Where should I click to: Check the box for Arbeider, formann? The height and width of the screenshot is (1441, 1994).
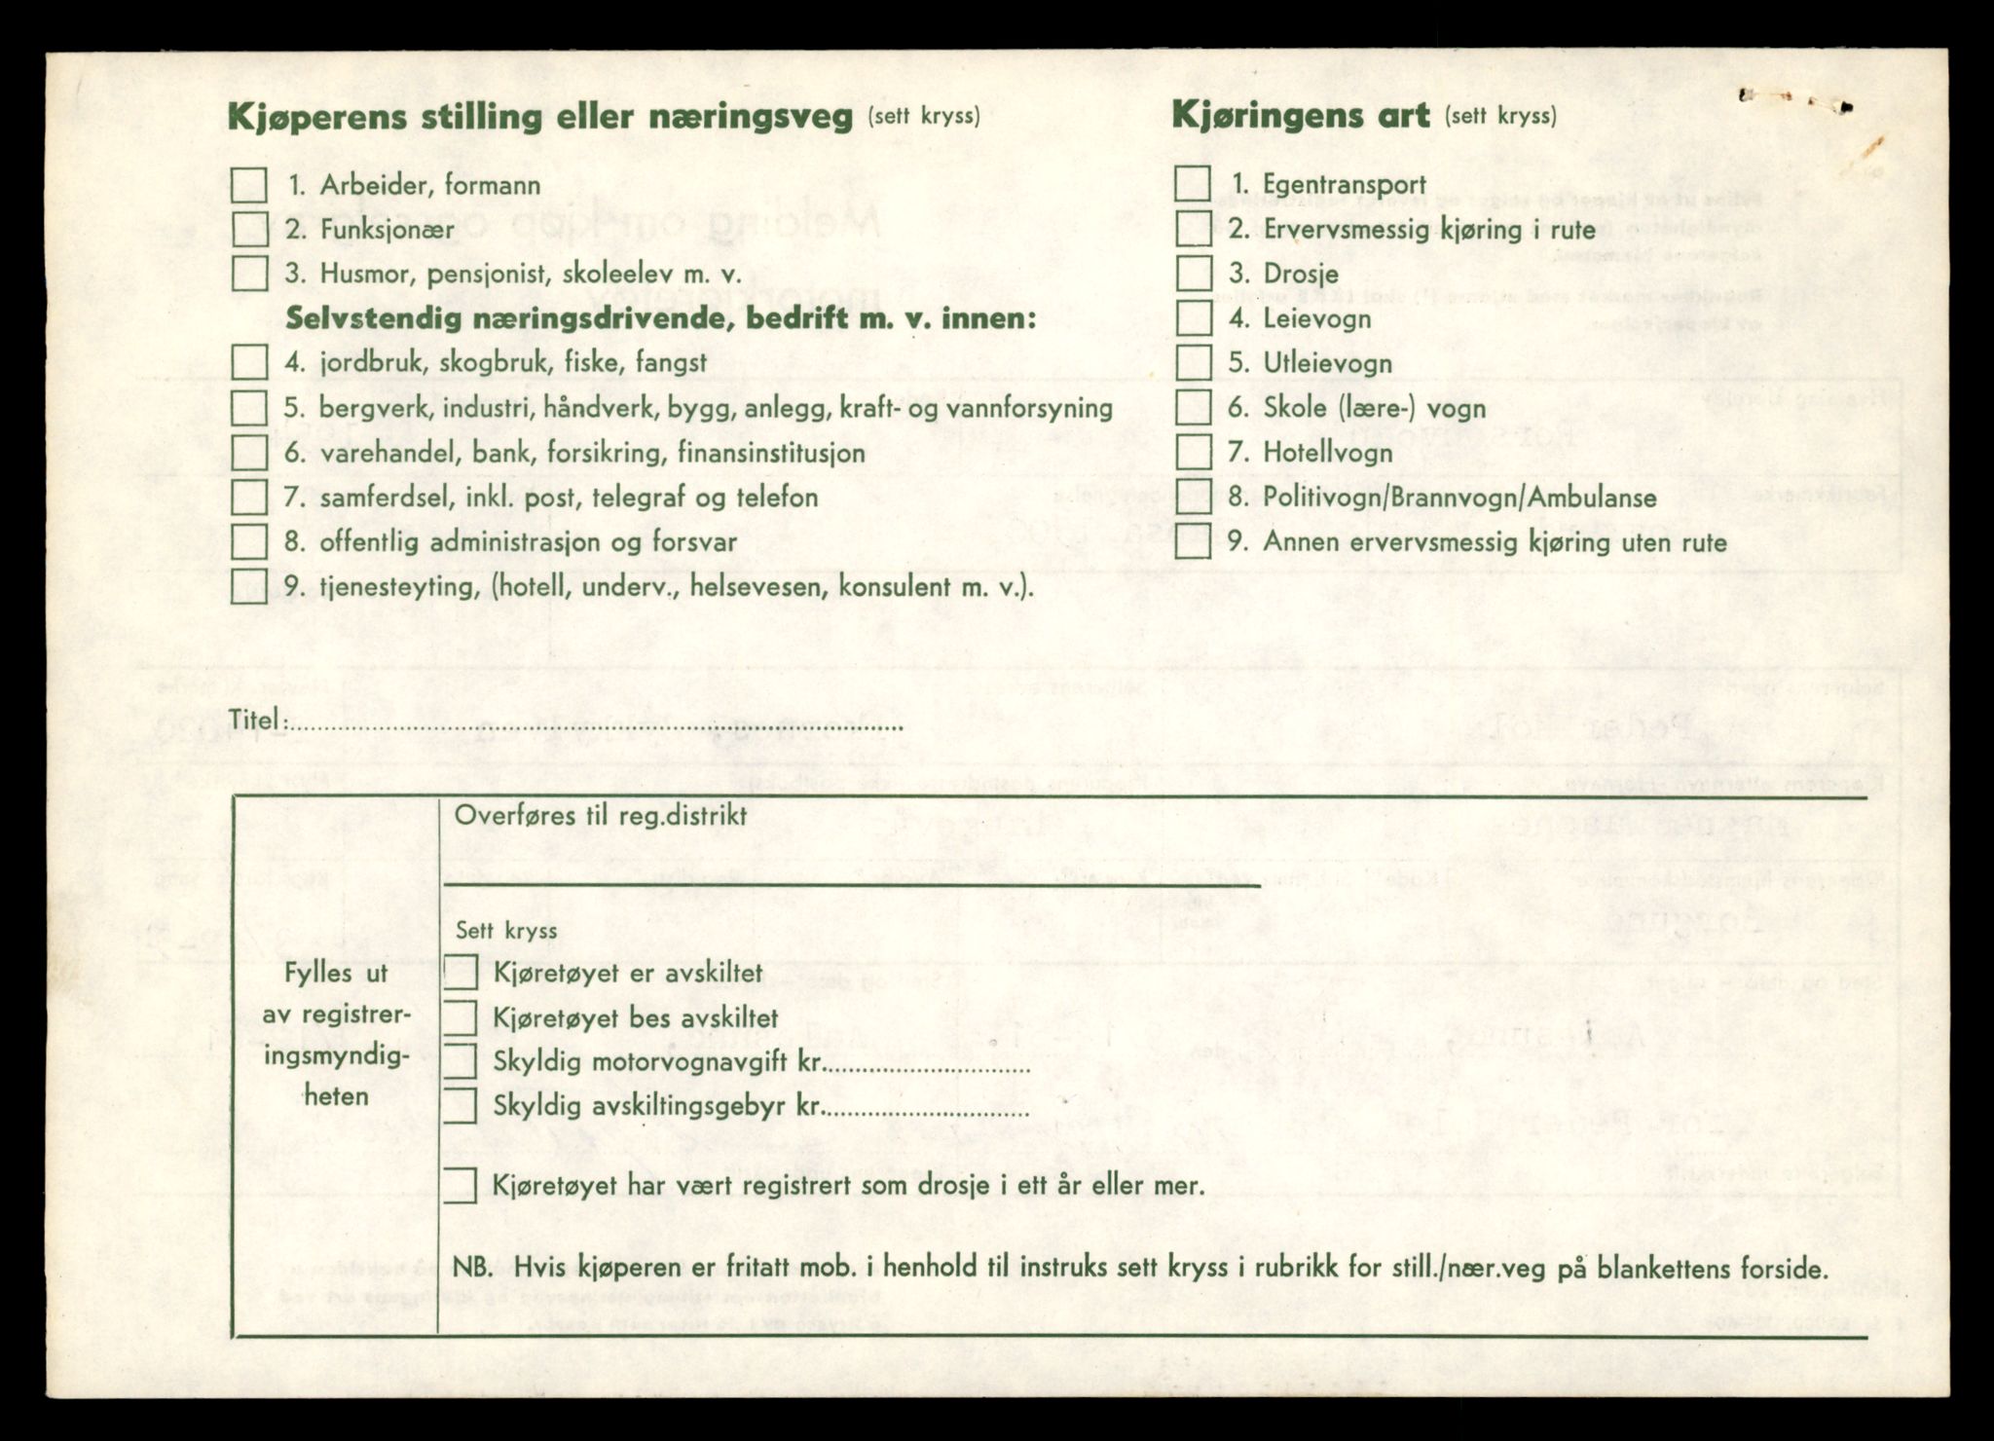[248, 185]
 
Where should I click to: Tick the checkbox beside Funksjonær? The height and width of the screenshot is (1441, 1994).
[248, 229]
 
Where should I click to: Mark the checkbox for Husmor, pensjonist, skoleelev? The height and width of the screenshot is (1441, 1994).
[248, 274]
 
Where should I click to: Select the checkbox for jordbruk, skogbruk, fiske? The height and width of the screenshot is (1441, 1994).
[248, 362]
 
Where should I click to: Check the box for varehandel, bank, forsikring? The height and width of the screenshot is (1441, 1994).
[248, 452]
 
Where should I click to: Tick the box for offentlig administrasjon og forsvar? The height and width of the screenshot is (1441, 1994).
[248, 541]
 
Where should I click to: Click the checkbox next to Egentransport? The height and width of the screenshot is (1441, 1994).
[1193, 184]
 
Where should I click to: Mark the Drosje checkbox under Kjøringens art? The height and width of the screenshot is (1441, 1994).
[1193, 274]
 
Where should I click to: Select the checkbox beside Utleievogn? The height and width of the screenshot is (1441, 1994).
[1193, 363]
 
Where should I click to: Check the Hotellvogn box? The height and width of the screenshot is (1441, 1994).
[1193, 452]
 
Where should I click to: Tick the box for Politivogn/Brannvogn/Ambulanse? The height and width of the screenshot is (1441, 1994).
[1193, 497]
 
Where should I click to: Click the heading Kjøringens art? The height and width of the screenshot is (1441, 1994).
[1300, 116]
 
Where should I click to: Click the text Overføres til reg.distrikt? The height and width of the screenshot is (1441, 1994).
[601, 816]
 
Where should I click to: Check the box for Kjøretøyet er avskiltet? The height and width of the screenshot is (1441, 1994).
[460, 972]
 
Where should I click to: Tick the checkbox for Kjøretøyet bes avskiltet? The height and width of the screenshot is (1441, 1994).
[460, 1017]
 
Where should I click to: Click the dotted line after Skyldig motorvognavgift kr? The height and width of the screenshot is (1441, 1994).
[927, 1069]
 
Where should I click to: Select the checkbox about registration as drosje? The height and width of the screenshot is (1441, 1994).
[460, 1185]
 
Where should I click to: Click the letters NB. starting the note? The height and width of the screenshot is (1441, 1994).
[474, 1269]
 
